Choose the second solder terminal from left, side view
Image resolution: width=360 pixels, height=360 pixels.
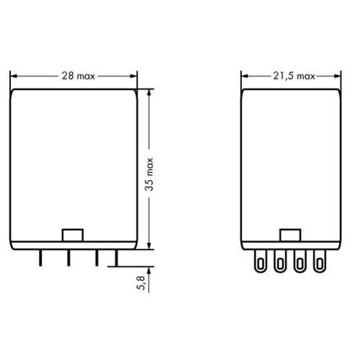pyautogui.click(x=279, y=262)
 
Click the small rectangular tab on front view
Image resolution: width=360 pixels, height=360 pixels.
pyautogui.click(x=73, y=235)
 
